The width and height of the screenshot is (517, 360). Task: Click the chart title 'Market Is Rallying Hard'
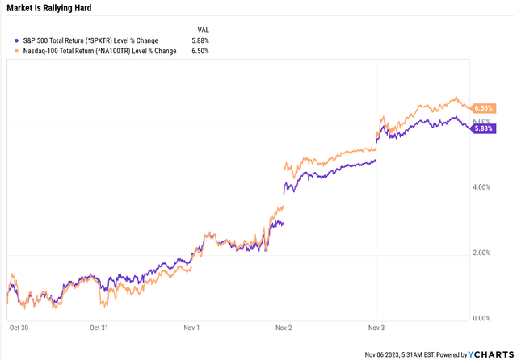48,8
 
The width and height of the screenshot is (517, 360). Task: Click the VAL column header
203,29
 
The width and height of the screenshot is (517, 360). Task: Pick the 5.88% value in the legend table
200,40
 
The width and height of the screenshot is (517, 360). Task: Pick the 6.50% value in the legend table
200,50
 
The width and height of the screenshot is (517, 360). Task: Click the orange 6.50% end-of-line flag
484,107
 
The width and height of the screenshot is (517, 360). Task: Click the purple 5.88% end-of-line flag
484,128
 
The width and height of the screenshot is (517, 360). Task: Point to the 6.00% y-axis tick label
481,121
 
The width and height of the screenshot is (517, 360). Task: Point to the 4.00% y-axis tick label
481,187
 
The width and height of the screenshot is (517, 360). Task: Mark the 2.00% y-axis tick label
481,253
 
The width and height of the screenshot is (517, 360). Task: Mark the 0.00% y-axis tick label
481,318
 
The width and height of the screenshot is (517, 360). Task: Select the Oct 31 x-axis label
99,328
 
